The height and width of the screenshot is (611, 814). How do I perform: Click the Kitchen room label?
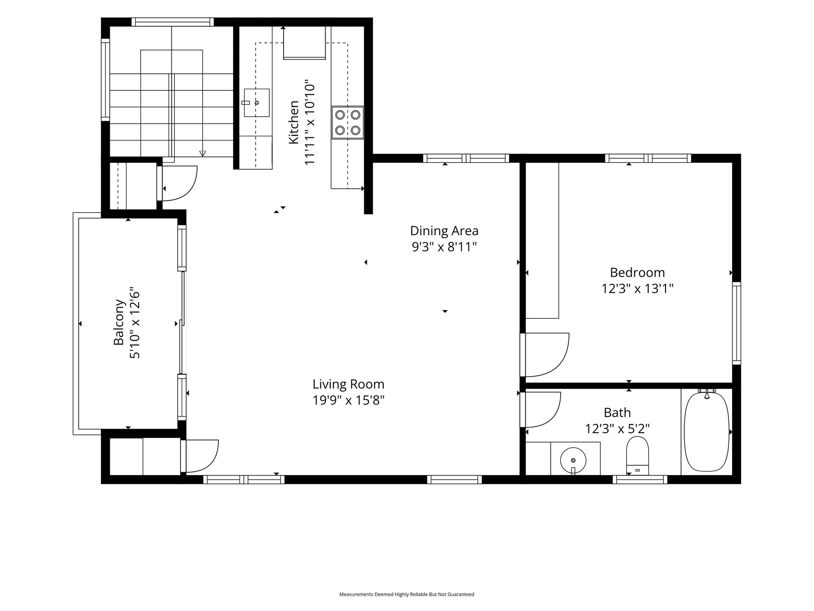click(x=294, y=122)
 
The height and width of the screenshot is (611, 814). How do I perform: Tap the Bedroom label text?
click(x=637, y=272)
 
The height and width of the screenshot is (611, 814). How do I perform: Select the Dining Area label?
click(x=444, y=231)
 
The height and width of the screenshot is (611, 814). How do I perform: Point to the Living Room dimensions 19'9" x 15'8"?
click(x=348, y=400)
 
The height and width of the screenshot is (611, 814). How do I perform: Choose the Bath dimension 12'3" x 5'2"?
click(x=617, y=429)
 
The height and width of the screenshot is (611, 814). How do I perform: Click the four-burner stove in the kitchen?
click(x=348, y=122)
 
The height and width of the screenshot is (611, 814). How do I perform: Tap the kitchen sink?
click(x=256, y=103)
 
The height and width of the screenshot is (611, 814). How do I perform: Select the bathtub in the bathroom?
click(x=707, y=432)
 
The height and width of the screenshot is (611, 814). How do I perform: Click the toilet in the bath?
click(x=638, y=456)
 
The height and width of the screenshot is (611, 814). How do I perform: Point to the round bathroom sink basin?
click(x=573, y=460)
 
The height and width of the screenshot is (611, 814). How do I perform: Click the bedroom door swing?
click(x=545, y=355)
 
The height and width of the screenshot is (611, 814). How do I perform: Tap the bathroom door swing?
click(x=541, y=410)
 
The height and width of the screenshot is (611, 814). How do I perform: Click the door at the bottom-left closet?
click(x=199, y=457)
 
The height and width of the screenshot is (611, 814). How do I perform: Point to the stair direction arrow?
click(x=203, y=154)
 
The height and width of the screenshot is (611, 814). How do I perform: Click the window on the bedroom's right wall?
click(x=737, y=323)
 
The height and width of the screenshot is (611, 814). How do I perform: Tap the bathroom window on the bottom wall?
click(x=640, y=479)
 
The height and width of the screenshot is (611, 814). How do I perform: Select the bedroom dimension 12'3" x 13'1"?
click(x=638, y=289)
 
